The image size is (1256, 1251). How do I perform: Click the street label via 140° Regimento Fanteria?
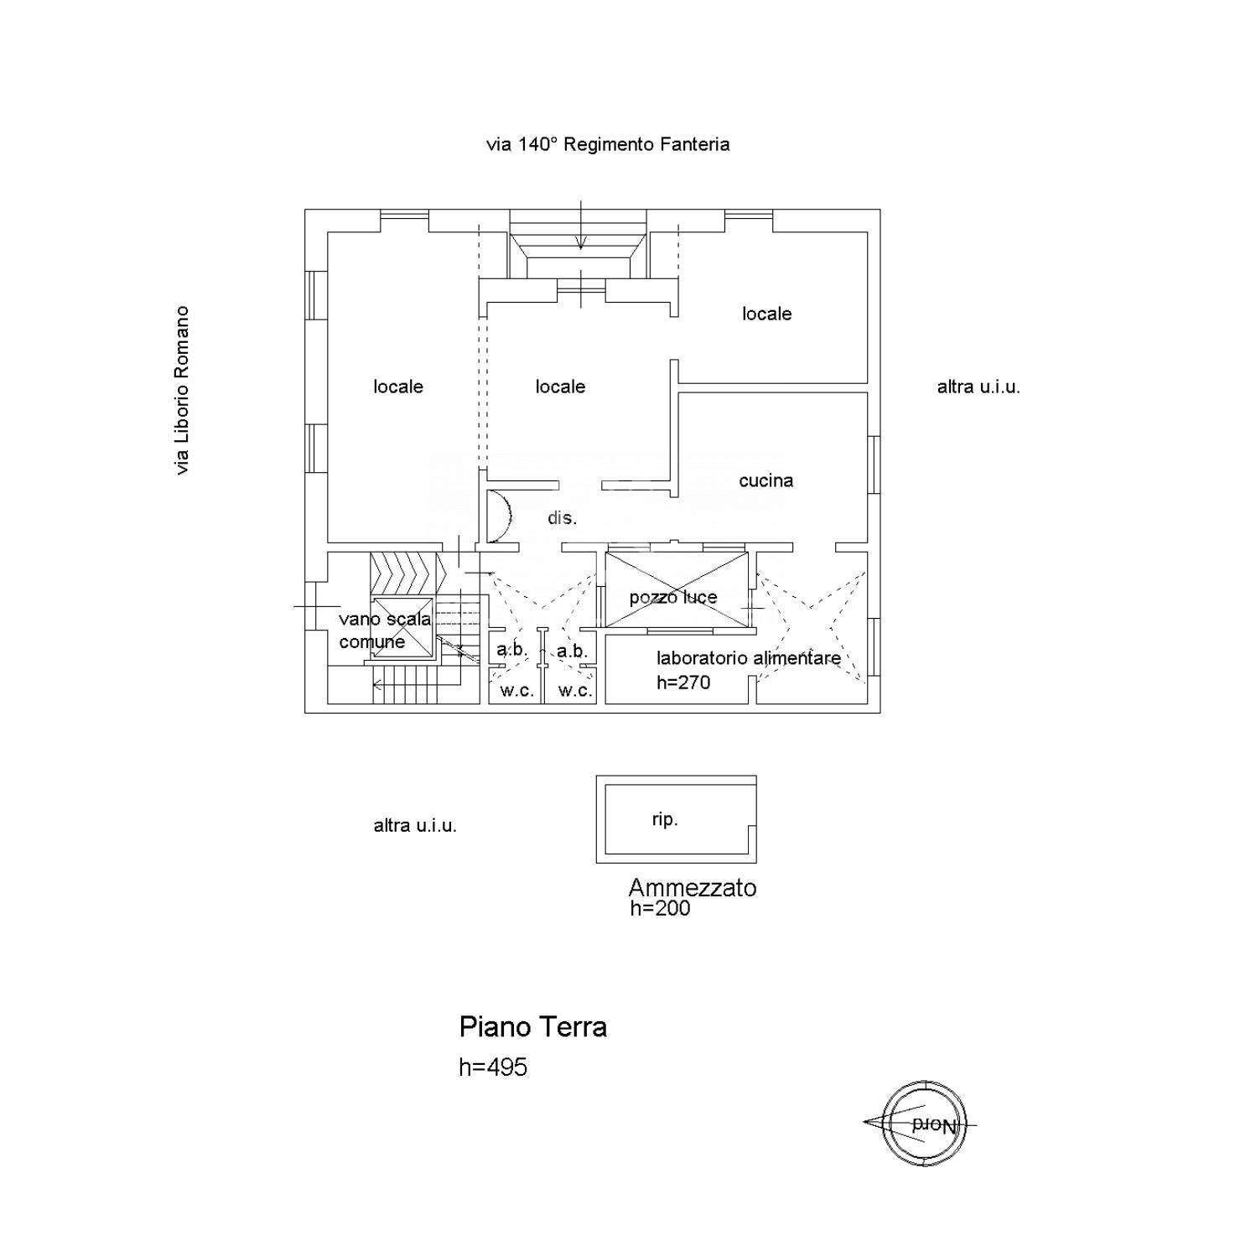coord(608,144)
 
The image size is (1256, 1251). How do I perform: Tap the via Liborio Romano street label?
coord(182,390)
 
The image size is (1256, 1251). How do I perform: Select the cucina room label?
coord(766,480)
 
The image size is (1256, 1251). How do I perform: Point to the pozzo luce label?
coord(673,597)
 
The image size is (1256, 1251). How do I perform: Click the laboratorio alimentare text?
coord(749,658)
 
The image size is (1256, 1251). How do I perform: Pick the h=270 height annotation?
coord(683,683)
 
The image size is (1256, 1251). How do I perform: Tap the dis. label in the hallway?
coord(563,518)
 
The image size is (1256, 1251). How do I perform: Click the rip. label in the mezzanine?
coord(665,819)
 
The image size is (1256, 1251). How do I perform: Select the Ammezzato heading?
coord(693,887)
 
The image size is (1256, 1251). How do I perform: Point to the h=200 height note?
coord(661,908)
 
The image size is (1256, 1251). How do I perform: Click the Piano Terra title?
coord(533,1026)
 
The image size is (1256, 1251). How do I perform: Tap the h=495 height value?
coord(493,1067)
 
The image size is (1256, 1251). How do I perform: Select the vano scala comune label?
coord(385,631)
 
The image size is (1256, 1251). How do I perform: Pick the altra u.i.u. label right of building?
coord(978,387)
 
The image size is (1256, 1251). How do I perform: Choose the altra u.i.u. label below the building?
coord(415,825)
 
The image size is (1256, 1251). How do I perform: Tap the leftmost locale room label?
coord(398,387)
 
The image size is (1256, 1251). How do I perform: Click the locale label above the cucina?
coord(767,314)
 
